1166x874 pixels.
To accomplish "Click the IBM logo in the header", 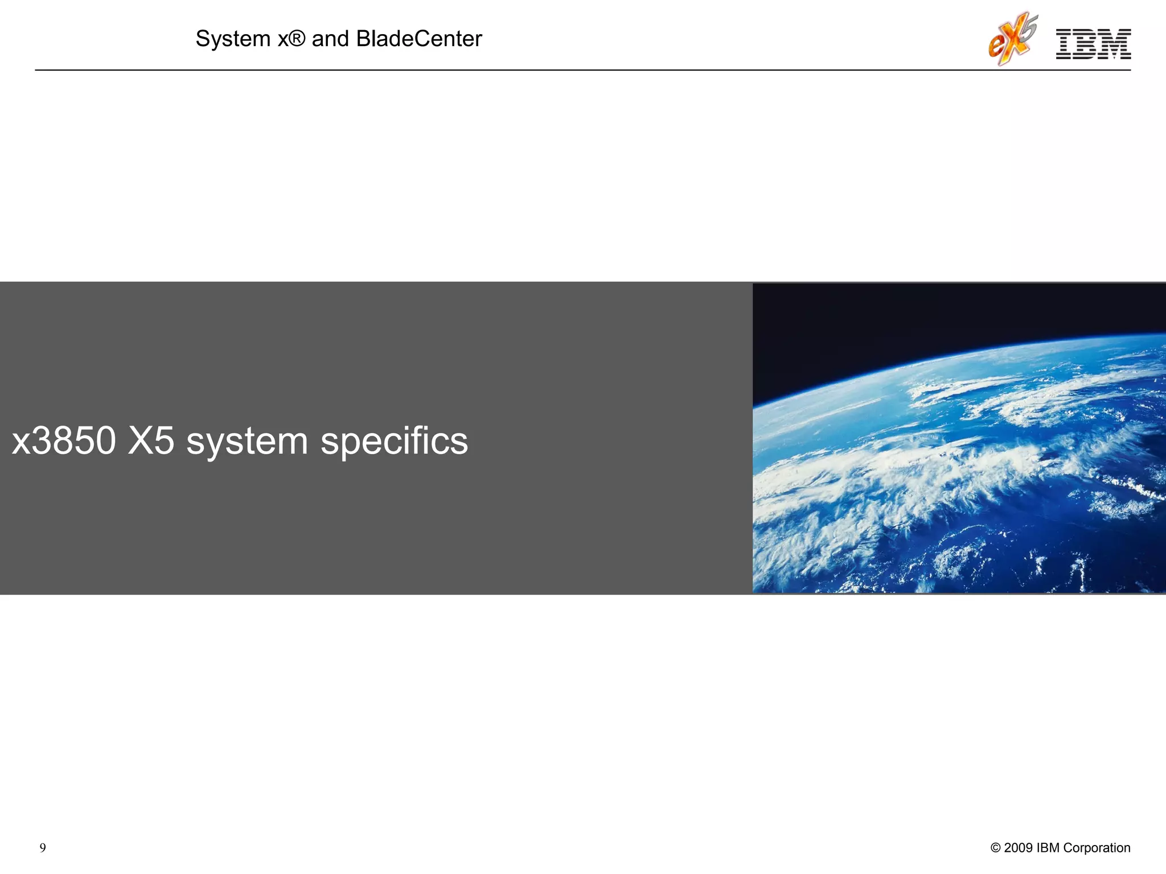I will point(1093,44).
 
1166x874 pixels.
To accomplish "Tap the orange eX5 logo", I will point(1012,39).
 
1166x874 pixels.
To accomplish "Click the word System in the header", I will point(233,39).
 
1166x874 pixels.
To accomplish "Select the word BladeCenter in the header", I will point(418,39).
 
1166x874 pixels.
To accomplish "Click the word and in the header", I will point(330,39).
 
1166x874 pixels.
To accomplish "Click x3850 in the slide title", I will point(64,441).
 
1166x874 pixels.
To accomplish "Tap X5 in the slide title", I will point(151,441).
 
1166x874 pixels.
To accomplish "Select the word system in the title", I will point(247,442).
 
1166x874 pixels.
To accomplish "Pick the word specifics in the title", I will point(394,442).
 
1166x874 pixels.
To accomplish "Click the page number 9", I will point(43,848).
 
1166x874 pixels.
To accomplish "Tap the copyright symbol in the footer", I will point(995,848).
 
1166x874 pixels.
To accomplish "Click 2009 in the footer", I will point(1018,848).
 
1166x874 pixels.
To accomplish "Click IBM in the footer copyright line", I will point(1048,848).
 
